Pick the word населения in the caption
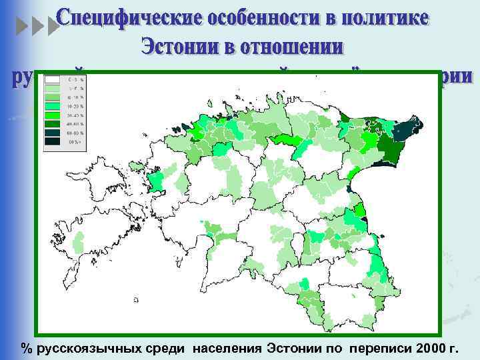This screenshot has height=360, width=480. pyautogui.click(x=229, y=349)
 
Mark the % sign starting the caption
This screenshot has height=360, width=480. pyautogui.click(x=27, y=349)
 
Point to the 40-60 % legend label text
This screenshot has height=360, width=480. pyautogui.click(x=73, y=123)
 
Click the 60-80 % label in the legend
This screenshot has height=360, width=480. pyautogui.click(x=73, y=132)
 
